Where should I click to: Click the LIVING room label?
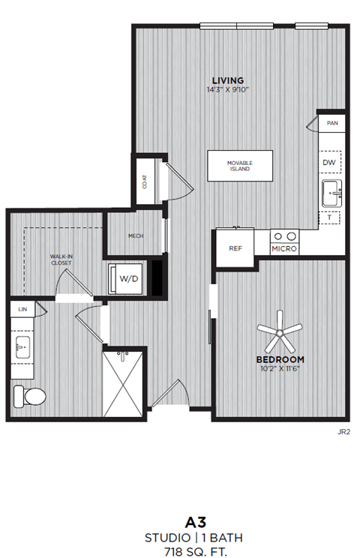(227, 80)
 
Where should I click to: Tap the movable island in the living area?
(240, 166)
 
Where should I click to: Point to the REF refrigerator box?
(235, 248)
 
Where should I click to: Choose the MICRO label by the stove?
(284, 248)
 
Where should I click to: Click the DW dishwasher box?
(329, 163)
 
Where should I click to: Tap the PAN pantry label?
(331, 121)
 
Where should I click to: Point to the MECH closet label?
(135, 236)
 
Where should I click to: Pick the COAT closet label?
(144, 181)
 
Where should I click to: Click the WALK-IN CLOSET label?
(61, 259)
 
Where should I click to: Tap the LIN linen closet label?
(22, 308)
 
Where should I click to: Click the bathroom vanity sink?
(22, 349)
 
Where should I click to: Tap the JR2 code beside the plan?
(343, 431)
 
